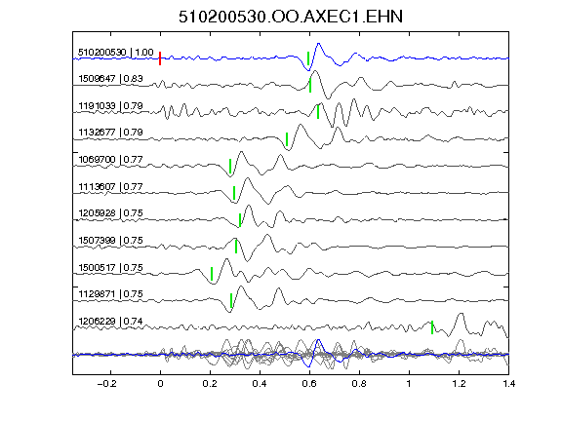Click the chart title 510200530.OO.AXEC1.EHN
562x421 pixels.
(291, 17)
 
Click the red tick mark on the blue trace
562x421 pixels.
(160, 58)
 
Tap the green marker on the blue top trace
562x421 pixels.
(308, 58)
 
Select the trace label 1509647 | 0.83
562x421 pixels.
(111, 78)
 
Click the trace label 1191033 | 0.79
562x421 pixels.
(111, 106)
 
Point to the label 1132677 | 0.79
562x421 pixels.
(111, 133)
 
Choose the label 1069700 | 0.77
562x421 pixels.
(111, 159)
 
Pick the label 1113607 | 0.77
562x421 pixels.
(111, 186)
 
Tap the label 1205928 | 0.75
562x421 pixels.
(111, 213)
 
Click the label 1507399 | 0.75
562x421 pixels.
(111, 240)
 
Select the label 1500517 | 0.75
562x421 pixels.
(111, 267)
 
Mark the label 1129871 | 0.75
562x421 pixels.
(111, 294)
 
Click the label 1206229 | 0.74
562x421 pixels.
(111, 322)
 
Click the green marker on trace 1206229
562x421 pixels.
(432, 327)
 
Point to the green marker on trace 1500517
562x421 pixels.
(212, 274)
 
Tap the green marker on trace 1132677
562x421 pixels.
(287, 139)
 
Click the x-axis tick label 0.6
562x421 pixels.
(309, 384)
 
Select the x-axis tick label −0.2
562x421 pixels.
(106, 384)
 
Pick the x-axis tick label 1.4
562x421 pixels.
(508, 384)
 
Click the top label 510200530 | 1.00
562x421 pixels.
(116, 53)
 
